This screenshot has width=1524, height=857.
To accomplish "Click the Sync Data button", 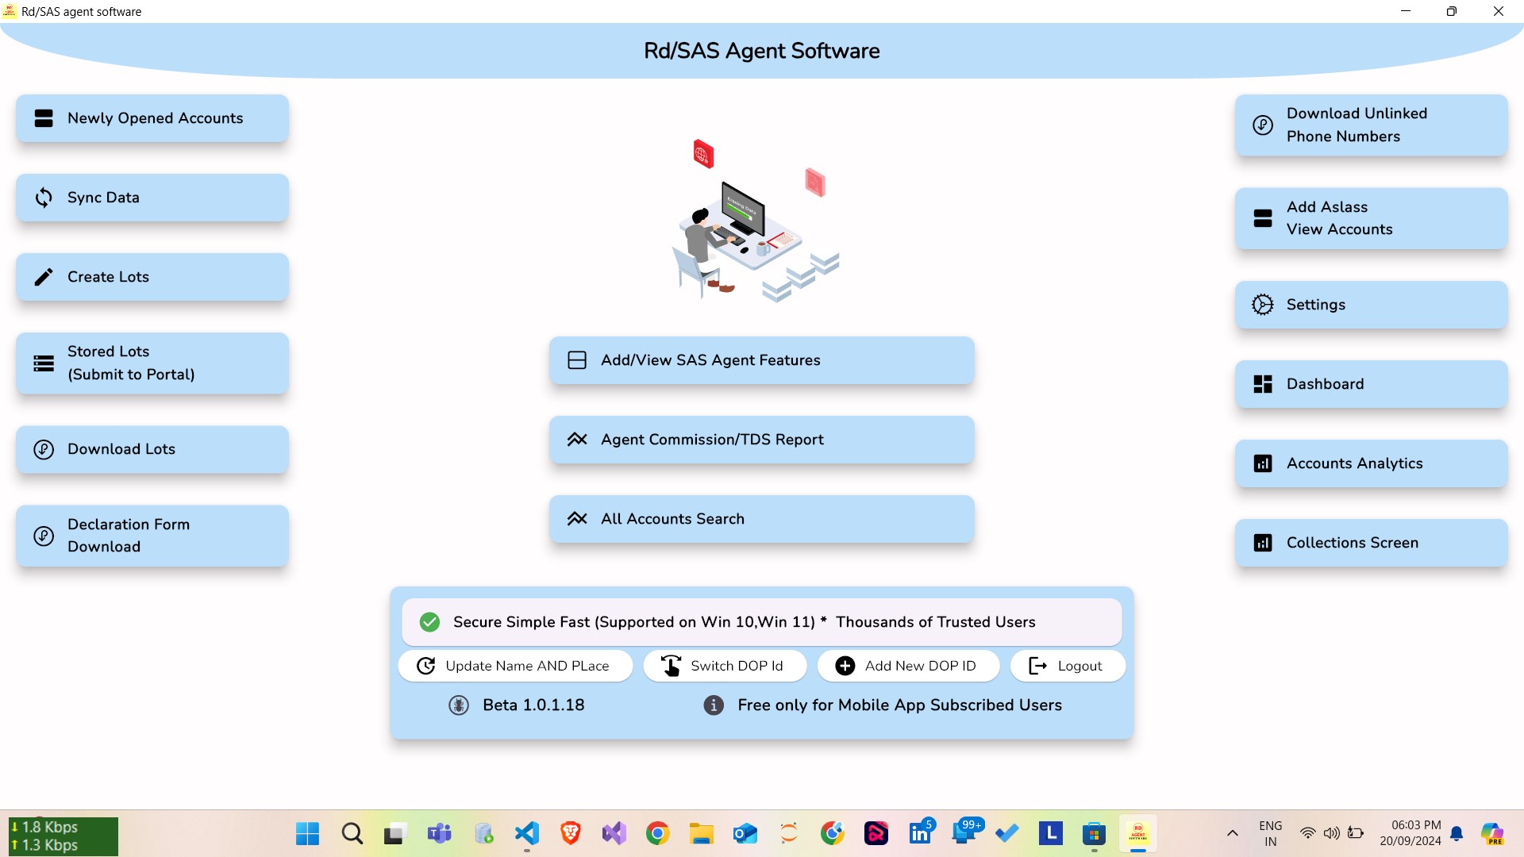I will pos(152,198).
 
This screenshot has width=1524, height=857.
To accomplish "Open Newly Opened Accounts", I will pos(152,118).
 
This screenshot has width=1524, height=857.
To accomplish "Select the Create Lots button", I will pos(152,277).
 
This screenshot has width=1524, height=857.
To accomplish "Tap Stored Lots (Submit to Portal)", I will pos(152,363).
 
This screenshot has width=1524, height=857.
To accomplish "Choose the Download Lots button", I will pos(152,449).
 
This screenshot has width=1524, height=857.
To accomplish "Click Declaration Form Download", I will pos(152,536).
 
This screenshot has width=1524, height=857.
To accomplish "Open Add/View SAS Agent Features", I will pos(761,360).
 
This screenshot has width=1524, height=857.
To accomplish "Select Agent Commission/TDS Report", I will pos(761,440).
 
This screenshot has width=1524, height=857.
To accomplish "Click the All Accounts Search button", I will pos(761,519).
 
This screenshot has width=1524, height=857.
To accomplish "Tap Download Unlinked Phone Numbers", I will pos(1371,125).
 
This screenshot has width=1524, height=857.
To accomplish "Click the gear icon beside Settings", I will pos(1262,305).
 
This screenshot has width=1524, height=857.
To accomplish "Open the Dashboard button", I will pos(1371,384).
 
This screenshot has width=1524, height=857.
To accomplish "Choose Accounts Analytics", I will pos(1371,463).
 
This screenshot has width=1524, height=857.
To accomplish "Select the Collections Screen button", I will pos(1371,543).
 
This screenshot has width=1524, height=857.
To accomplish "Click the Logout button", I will pos(1067,666).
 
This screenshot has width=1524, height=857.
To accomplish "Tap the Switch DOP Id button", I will pos(725,666).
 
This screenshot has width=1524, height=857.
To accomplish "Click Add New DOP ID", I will pos(908,666).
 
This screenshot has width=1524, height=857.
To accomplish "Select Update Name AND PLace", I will pos(515,666).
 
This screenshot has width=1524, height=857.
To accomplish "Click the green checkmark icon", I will pos(429,622).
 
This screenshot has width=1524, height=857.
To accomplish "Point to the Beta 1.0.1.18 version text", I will pos(533,705).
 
